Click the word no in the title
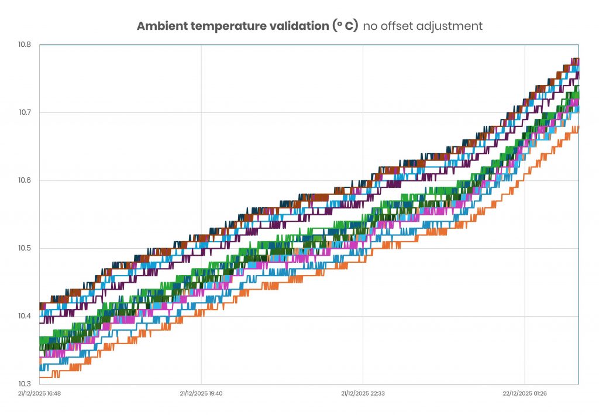[x=370, y=26]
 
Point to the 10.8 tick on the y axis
[x=25, y=44]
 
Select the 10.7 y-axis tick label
[x=25, y=112]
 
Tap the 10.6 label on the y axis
[x=25, y=180]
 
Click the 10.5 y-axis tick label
[x=25, y=248]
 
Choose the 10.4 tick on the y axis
[x=25, y=316]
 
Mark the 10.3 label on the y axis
[x=25, y=384]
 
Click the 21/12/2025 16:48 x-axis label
[x=39, y=393]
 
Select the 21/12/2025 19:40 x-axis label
[x=201, y=393]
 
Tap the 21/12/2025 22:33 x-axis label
[x=363, y=393]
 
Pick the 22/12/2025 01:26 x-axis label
[x=525, y=393]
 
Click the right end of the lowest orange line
[x=578, y=127]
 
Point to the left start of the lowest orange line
[x=40, y=377]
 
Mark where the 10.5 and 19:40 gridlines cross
[x=201, y=248]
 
